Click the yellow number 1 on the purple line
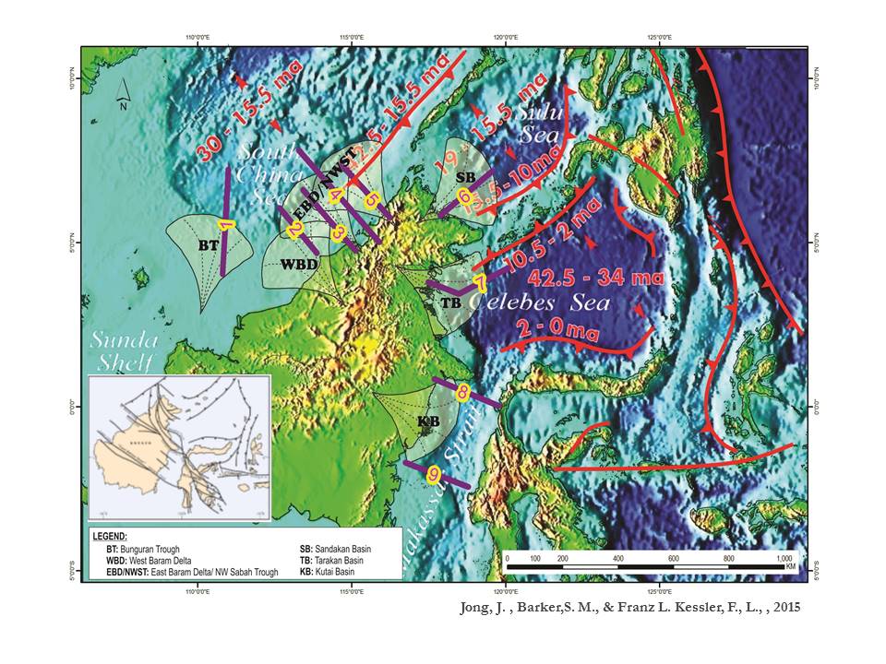[x=223, y=225]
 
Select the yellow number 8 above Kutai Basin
[x=462, y=392]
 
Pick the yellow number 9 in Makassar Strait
[x=432, y=473]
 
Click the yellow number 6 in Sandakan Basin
[x=464, y=196]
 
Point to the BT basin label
[x=208, y=245]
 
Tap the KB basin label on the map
[x=427, y=421]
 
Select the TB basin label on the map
[x=450, y=302]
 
